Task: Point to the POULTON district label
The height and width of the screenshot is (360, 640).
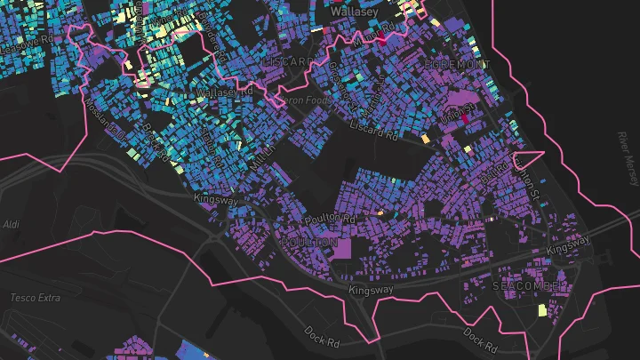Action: click(x=308, y=242)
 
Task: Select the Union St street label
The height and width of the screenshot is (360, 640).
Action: click(x=454, y=113)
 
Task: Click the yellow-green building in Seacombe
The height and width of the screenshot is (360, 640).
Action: click(x=541, y=311)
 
